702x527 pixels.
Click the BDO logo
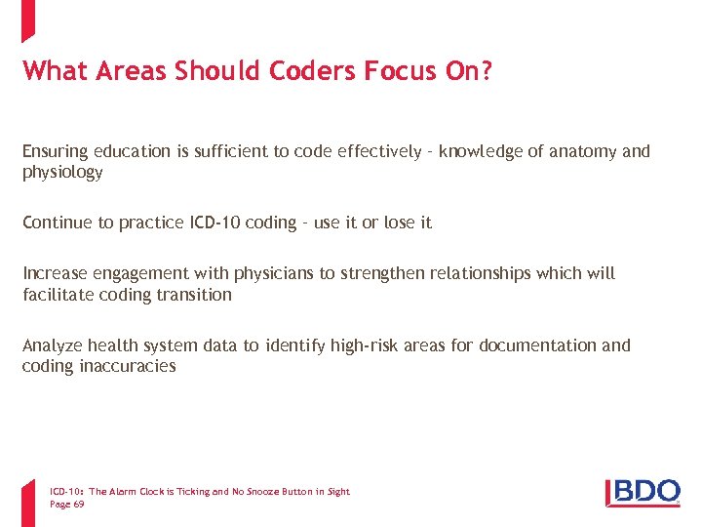pos(643,491)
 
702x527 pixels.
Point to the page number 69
pos(79,504)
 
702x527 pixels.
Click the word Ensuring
pos(56,151)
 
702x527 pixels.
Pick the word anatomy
pos(581,151)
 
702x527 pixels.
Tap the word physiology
pos(62,173)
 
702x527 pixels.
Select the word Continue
pos(58,223)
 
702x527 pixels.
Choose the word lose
pos(399,223)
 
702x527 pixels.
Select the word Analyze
pos(53,345)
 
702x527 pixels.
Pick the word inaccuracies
pos(125,367)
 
